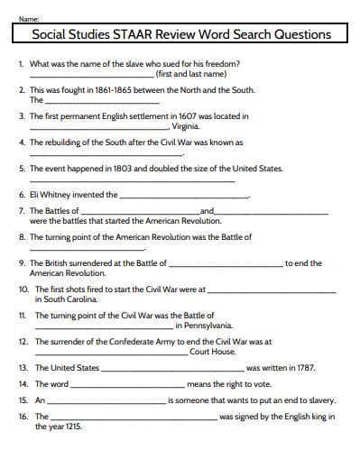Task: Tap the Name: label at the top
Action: click(x=27, y=18)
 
